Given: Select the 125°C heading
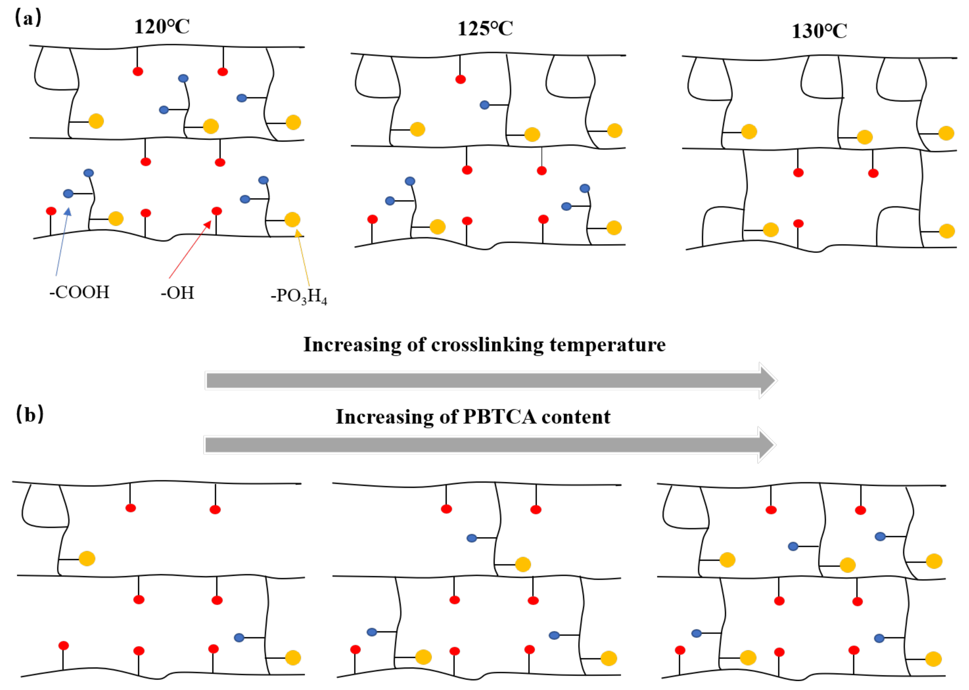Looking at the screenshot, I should tap(485, 29).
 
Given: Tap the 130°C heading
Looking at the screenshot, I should tap(819, 31).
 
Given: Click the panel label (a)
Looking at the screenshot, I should tap(28, 18).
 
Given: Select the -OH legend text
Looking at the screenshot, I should tap(177, 293).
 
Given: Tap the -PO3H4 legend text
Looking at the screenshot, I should tap(299, 296).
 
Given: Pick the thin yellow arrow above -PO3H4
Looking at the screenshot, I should tap(303, 257).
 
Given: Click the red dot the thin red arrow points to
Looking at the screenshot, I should tap(217, 211).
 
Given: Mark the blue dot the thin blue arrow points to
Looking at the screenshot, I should tap(68, 194).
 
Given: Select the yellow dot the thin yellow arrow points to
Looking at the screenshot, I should tap(292, 220).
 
